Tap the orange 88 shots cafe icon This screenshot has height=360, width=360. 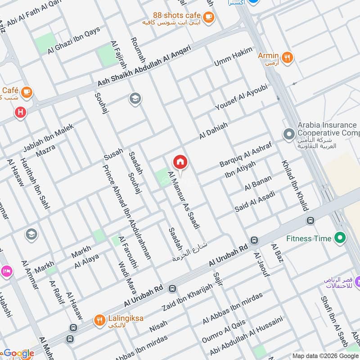click(208, 17)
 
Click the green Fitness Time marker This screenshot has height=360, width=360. click(340, 238)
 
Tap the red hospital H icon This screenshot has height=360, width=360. click(20, 112)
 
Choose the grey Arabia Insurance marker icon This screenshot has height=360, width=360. click(288, 134)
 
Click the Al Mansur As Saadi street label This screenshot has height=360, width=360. click(184, 200)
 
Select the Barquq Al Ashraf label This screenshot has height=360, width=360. click(243, 155)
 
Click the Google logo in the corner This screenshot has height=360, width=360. click(19, 354)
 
